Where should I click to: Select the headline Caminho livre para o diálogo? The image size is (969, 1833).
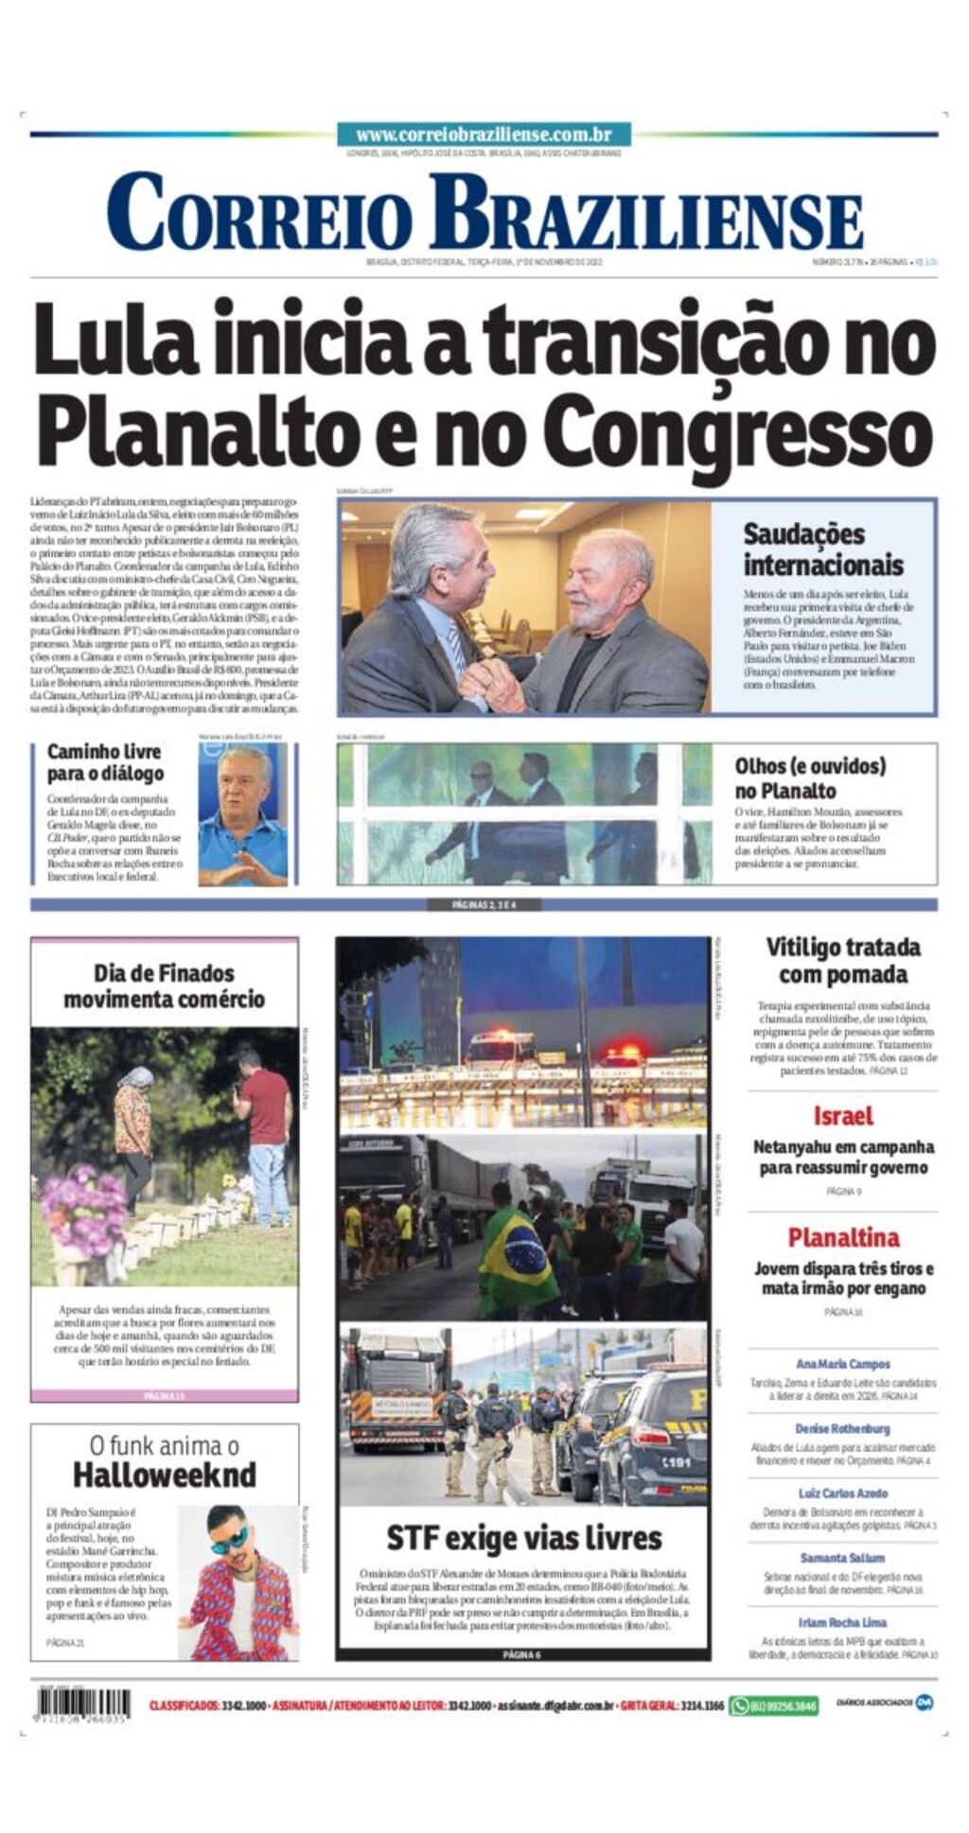[105, 762]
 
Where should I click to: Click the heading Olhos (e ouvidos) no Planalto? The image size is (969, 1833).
[810, 777]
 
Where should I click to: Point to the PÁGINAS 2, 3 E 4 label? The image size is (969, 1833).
[484, 904]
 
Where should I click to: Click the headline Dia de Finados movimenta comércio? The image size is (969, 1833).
[164, 986]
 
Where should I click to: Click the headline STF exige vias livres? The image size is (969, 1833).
[523, 1537]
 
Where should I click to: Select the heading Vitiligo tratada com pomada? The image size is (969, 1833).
[842, 960]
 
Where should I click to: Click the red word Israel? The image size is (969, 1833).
[842, 1116]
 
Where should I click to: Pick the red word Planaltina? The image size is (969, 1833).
[842, 1237]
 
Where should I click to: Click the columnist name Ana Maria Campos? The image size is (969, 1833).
[842, 1364]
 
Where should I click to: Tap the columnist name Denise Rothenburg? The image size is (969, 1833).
[842, 1428]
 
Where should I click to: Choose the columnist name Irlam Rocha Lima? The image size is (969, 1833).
[842, 1622]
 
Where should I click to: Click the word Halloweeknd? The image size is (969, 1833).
[165, 1475]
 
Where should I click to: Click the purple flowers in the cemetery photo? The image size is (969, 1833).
[83, 1206]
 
